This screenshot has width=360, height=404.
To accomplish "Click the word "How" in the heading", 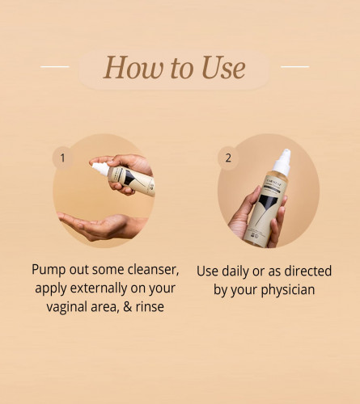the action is coord(133,67).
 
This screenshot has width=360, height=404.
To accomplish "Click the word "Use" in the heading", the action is coord(223,67).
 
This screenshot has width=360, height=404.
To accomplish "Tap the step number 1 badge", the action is coord(62,158).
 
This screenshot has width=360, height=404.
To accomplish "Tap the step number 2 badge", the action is coord(228,158).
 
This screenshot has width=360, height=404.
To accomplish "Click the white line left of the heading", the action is coord(55,66).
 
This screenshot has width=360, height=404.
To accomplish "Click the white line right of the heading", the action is coord(294,66).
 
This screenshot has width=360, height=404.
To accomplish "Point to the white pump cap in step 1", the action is coord(100,169).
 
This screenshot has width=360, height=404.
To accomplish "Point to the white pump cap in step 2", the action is coord(282,162).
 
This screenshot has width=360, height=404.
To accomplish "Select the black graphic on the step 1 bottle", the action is coord(129,177).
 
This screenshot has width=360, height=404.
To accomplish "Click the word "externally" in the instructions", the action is coord(99,288).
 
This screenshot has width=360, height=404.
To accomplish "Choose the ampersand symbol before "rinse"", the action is coord(128,307).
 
